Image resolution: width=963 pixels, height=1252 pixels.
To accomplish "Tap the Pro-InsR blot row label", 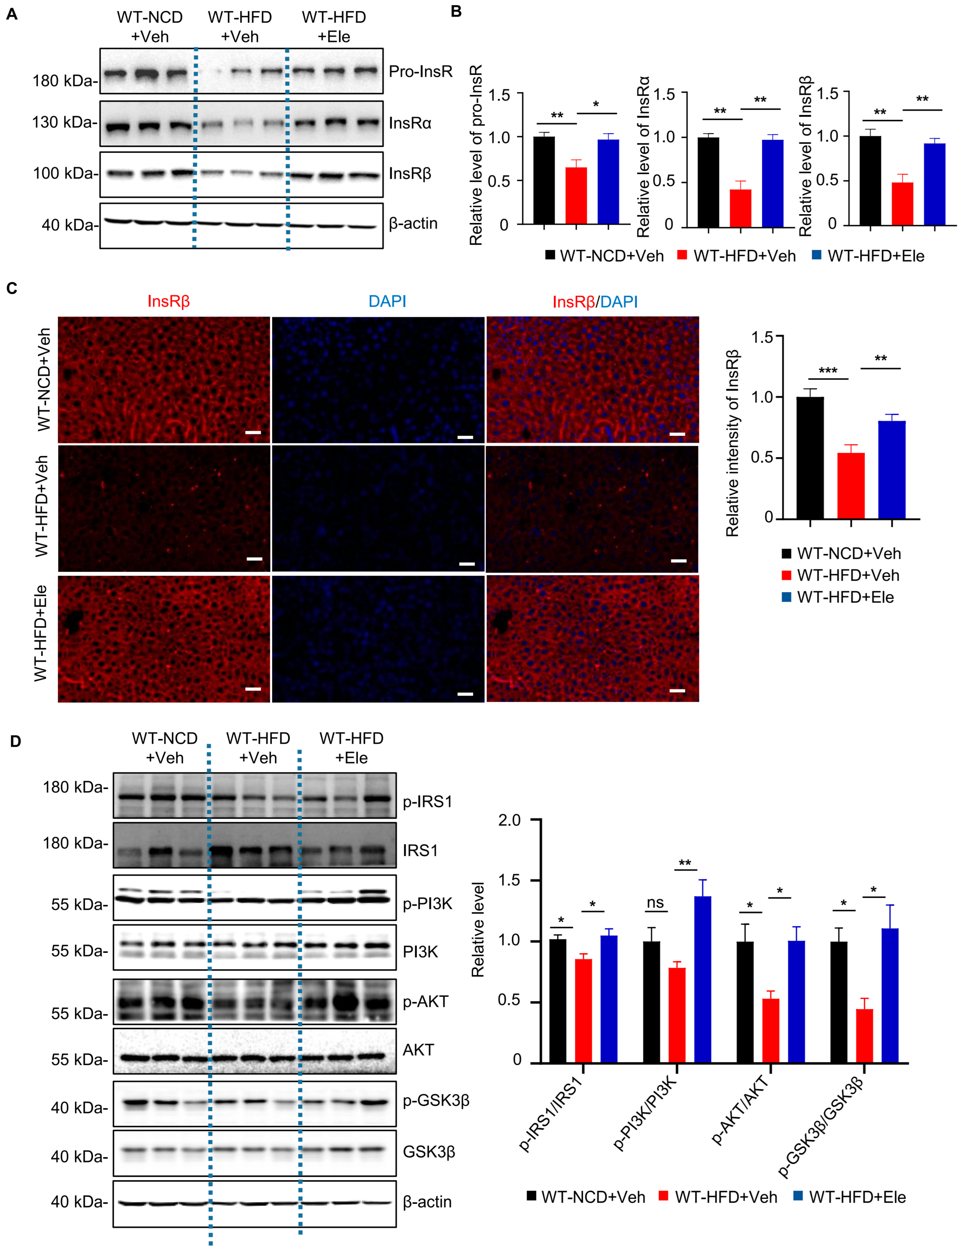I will [x=420, y=72].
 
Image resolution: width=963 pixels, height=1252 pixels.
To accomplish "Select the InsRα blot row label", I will [x=410, y=123].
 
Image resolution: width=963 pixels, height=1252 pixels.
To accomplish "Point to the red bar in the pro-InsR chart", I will [x=576, y=195].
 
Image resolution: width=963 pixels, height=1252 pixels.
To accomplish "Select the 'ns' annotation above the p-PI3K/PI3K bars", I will [x=655, y=903].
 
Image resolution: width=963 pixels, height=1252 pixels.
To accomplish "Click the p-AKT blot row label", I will [x=425, y=1002].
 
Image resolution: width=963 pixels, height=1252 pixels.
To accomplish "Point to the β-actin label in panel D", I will [x=427, y=1202].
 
